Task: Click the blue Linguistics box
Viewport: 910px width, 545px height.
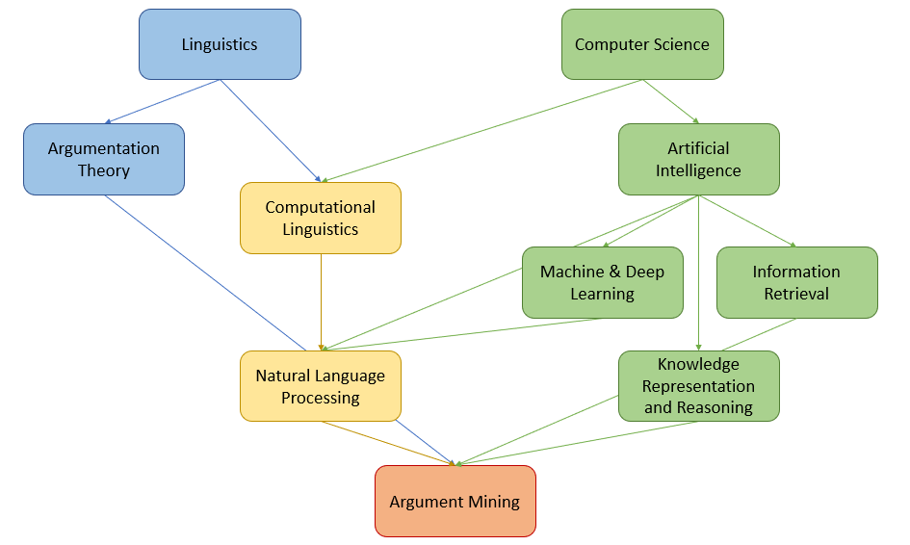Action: pyautogui.click(x=220, y=44)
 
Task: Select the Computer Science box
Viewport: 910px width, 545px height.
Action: pyautogui.click(x=642, y=44)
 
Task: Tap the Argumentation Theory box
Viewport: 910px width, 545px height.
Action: pyautogui.click(x=104, y=159)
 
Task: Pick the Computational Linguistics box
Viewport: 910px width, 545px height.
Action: pyautogui.click(x=320, y=218)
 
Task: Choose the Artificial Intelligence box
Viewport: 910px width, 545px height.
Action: pyautogui.click(x=698, y=159)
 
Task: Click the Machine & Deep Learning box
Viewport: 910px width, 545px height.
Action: pyautogui.click(x=602, y=282)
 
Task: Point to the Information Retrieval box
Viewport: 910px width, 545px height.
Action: pyautogui.click(x=796, y=282)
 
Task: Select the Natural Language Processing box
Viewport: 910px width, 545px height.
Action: pyautogui.click(x=320, y=386)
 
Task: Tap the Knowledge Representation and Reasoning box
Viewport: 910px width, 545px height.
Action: pyautogui.click(x=698, y=386)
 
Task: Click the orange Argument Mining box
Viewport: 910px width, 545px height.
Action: pyautogui.click(x=455, y=502)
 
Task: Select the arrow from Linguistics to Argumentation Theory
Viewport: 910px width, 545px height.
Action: pyautogui.click(x=164, y=101)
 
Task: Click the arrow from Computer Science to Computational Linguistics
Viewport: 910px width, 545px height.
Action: pyautogui.click(x=481, y=131)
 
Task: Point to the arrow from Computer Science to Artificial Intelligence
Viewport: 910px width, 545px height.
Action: pyautogui.click(x=670, y=101)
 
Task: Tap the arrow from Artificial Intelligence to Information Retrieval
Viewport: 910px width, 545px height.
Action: pyautogui.click(x=747, y=221)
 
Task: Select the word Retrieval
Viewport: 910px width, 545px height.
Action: pyautogui.click(x=796, y=294)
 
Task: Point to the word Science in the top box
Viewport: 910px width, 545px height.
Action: pyautogui.click(x=681, y=44)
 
